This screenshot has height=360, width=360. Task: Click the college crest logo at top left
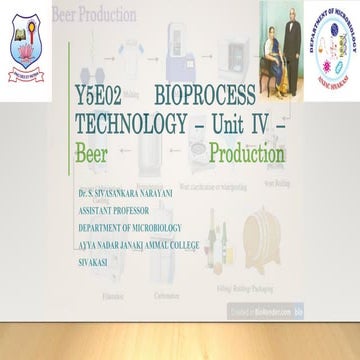[x=24, y=40]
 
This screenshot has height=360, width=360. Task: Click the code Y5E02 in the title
[x=98, y=97]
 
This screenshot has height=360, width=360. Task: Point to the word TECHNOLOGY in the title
[x=131, y=126]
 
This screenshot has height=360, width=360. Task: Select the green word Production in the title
[x=247, y=155]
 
